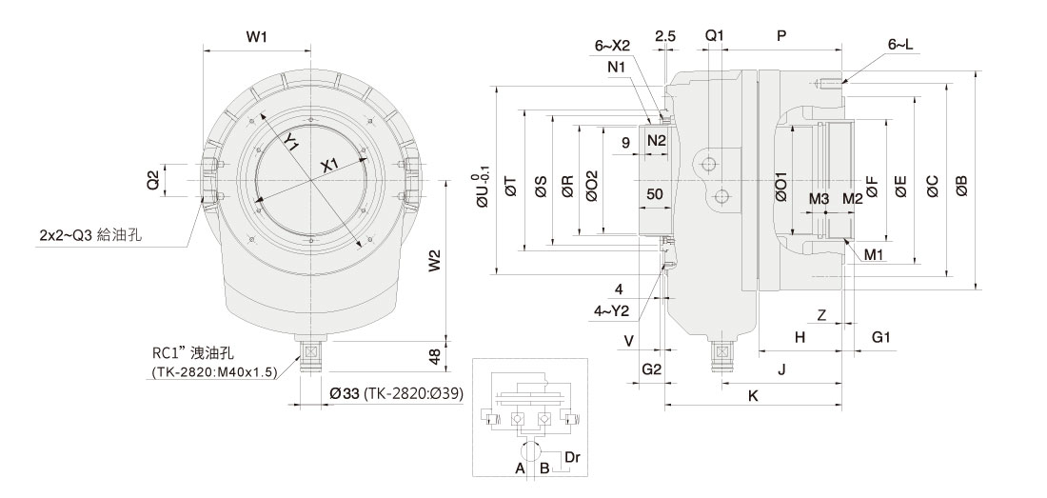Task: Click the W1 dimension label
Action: pyautogui.click(x=255, y=37)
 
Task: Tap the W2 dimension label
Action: pyautogui.click(x=435, y=260)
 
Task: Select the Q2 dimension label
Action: pyautogui.click(x=152, y=179)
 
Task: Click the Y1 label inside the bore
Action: pyautogui.click(x=292, y=143)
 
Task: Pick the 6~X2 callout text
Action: pyautogui.click(x=613, y=45)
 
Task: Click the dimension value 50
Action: pyautogui.click(x=654, y=193)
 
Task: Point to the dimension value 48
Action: pyautogui.click(x=435, y=355)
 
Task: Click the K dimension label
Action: pyautogui.click(x=753, y=395)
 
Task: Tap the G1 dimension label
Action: pyautogui.click(x=881, y=337)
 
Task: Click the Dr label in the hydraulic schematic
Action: pyautogui.click(x=572, y=458)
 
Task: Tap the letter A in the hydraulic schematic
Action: pyautogui.click(x=520, y=468)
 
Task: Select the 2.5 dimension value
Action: pyautogui.click(x=665, y=36)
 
